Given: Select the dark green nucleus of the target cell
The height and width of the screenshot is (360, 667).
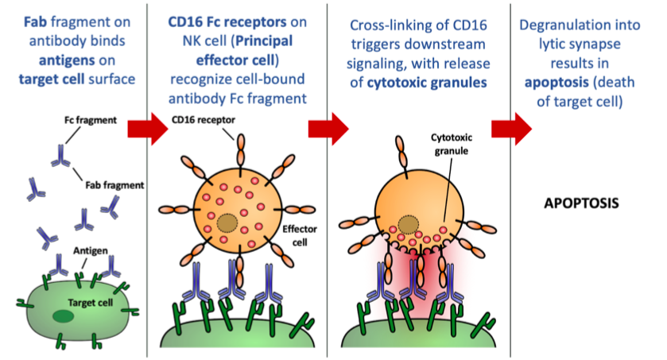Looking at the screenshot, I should point(61,318).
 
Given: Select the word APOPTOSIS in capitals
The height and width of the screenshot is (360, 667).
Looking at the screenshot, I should point(581,203).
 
